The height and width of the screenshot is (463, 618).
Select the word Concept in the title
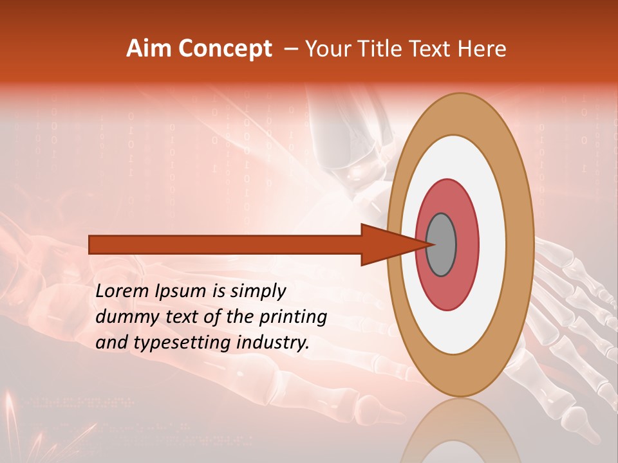pos(225,50)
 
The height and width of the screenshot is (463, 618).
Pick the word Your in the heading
pos(327,49)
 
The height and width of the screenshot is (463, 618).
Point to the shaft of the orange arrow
pos(225,244)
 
